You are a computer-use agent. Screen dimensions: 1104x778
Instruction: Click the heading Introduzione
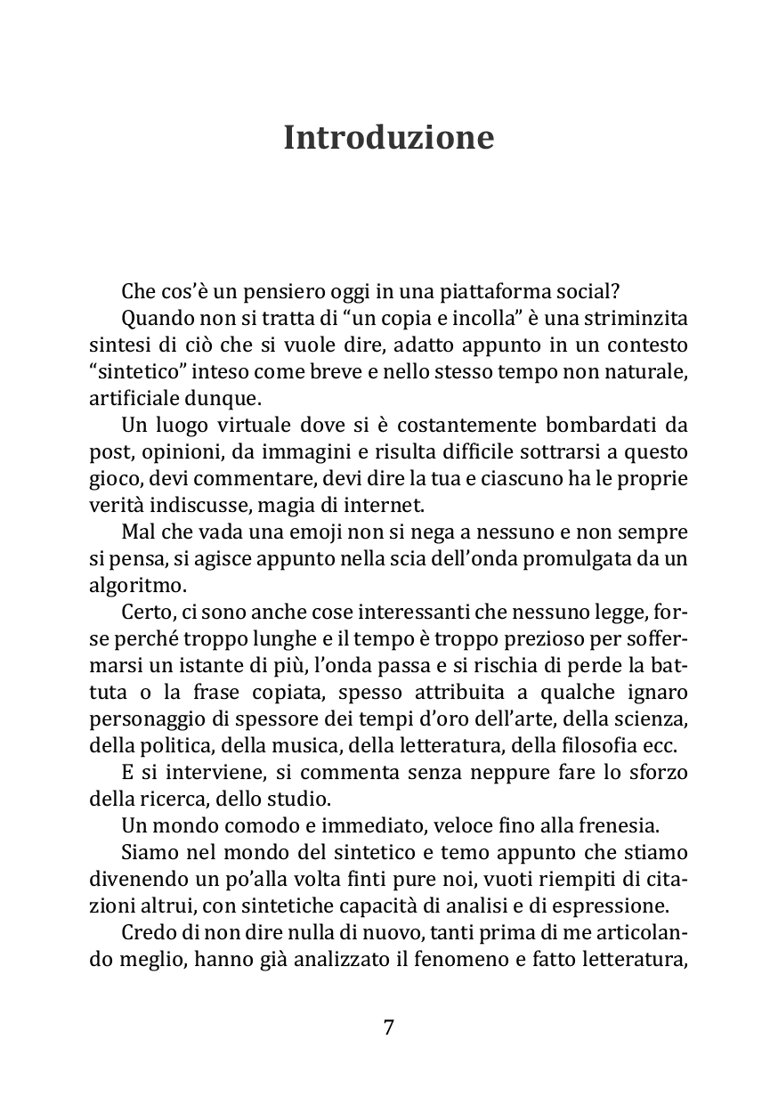(x=388, y=139)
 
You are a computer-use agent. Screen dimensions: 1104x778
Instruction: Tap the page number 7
(x=388, y=1027)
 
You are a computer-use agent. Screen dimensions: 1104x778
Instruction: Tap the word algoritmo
(x=126, y=586)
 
